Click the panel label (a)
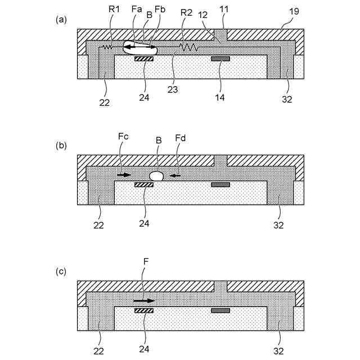pyautogui.click(x=61, y=20)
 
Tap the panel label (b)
pyautogui.click(x=61, y=145)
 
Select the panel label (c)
pyautogui.click(x=61, y=272)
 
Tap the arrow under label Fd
pyautogui.click(x=176, y=176)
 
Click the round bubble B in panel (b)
pyautogui.click(x=156, y=175)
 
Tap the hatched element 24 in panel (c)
pyautogui.click(x=144, y=310)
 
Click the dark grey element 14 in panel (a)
pyautogui.click(x=220, y=58)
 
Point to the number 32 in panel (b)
pyautogui.click(x=278, y=226)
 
